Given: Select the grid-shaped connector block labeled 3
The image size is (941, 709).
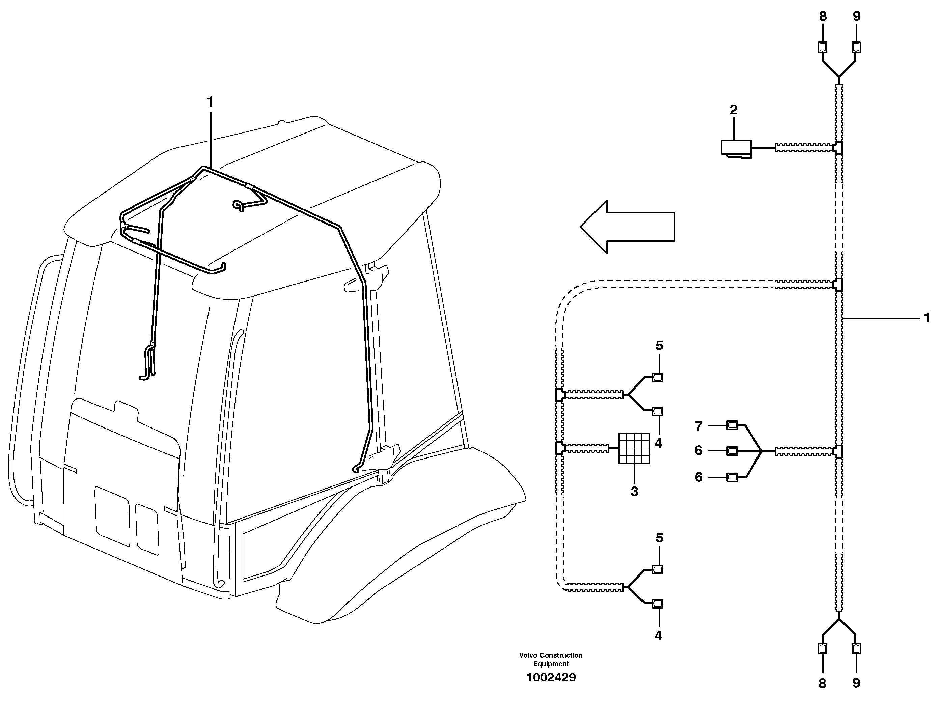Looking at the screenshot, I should [634, 448].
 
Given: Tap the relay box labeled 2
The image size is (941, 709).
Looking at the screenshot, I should [736, 148].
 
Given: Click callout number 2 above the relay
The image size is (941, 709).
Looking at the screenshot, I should [734, 110].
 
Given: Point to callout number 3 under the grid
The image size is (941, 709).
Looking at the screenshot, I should [634, 492].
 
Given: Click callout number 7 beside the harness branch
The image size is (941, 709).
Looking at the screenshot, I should [698, 426].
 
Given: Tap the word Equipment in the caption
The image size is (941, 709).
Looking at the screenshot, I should [551, 664].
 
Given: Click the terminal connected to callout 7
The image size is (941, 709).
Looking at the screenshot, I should [732, 425].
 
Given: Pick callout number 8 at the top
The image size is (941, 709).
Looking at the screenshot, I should [823, 17].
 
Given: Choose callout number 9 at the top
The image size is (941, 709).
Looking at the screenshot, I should [857, 17].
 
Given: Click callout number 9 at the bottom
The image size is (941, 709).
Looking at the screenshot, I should [856, 683].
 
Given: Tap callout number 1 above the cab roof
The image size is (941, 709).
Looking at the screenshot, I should [210, 102].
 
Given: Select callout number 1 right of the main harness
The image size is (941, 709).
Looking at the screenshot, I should [926, 318].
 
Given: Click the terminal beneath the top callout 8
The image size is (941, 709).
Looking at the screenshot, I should [823, 47].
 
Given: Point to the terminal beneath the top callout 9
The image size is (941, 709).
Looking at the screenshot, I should [856, 47].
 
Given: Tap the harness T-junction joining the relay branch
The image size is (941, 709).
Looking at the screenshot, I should [838, 148].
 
